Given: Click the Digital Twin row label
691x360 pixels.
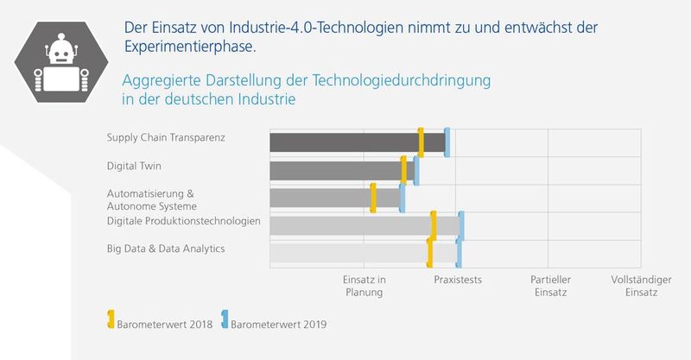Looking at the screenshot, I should click(x=134, y=166).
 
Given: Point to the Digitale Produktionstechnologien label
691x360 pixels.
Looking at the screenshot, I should click(x=183, y=221).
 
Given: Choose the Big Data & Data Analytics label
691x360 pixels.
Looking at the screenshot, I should click(x=165, y=249).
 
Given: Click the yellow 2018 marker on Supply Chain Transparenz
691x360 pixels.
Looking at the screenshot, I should click(x=421, y=142).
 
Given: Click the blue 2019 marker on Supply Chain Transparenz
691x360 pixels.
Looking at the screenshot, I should click(x=447, y=142).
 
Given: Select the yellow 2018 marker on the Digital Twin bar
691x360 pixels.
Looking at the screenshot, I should click(x=403, y=170).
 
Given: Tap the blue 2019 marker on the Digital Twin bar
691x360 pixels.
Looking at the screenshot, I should click(x=416, y=170).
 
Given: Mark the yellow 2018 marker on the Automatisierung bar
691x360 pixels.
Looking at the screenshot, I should click(x=373, y=198).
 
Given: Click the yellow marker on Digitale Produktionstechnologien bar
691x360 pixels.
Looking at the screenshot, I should click(x=434, y=225).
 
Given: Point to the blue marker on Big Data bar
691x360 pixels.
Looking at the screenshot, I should click(x=459, y=253).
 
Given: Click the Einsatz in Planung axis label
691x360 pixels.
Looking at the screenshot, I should click(x=364, y=286).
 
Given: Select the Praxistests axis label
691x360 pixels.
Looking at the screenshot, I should click(x=458, y=280).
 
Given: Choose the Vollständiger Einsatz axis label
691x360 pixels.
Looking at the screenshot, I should click(x=634, y=286).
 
